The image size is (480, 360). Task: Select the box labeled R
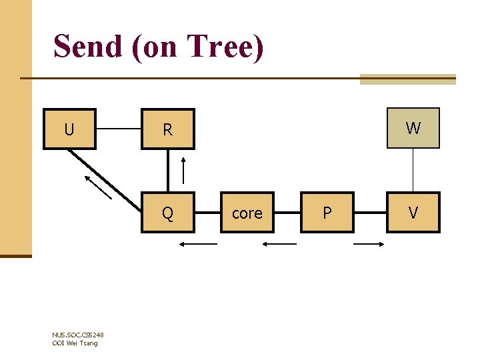tap(167, 130)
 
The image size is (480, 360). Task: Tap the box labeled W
tap(413, 128)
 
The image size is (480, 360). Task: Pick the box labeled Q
tap(167, 213)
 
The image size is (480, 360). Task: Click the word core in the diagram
tap(247, 213)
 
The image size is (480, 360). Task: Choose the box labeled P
tap(327, 213)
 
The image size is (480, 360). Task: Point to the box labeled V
tap(413, 213)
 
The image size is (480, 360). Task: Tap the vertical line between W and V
tap(413, 171)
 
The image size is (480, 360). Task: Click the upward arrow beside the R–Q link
tap(184, 171)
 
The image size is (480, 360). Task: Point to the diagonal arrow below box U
tap(98, 187)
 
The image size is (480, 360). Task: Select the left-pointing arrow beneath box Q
tap(198, 245)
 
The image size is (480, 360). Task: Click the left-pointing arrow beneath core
tap(279, 245)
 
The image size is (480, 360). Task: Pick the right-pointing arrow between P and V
tap(369, 245)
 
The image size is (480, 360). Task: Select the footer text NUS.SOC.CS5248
tap(77, 335)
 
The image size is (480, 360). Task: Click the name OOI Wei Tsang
tap(75, 343)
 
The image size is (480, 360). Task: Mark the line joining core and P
tap(287, 213)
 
